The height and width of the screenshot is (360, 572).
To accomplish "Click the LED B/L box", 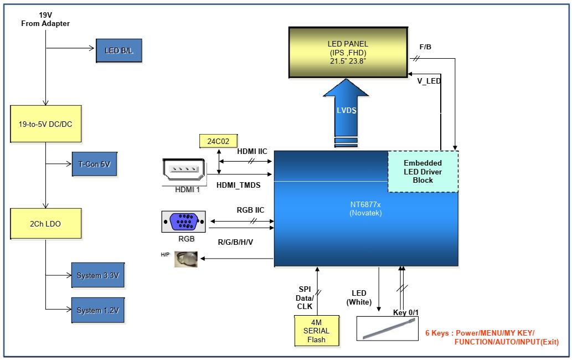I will click(119, 50).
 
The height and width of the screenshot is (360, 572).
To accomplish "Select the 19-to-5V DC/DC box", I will click(45, 124).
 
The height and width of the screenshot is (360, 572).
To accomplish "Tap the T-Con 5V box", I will click(94, 164).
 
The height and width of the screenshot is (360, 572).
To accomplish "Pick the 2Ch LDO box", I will click(45, 224).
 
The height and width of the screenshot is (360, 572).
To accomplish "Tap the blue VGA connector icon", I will click(183, 222).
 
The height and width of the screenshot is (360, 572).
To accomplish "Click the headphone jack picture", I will click(185, 259).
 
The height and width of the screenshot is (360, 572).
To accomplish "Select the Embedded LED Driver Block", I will click(422, 171).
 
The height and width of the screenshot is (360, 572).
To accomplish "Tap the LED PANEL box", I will click(347, 52).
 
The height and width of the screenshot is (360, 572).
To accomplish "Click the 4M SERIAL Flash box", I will click(317, 331).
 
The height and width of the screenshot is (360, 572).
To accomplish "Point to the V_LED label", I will click(429, 81).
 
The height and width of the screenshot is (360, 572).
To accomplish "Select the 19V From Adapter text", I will click(45, 19).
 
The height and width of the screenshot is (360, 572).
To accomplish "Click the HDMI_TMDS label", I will click(239, 184).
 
